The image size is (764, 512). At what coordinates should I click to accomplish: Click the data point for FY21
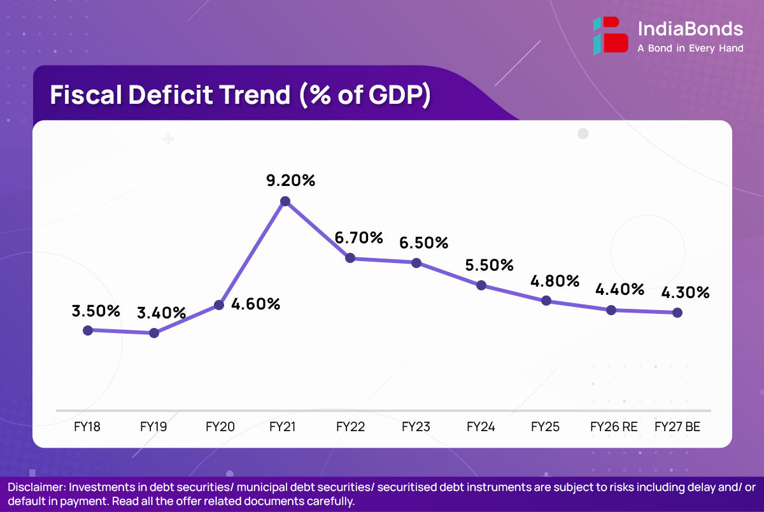click(x=285, y=201)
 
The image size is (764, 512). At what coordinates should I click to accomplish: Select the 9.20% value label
click(x=291, y=180)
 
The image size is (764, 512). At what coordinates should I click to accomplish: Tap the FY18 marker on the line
click(x=88, y=330)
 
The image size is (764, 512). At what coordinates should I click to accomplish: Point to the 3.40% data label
click(x=162, y=313)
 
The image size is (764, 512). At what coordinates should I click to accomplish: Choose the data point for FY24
click(x=481, y=285)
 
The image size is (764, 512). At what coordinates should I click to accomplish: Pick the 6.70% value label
click(x=358, y=238)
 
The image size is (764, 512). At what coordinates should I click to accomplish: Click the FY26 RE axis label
click(x=613, y=427)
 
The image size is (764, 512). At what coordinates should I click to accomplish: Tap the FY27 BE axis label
click(x=677, y=427)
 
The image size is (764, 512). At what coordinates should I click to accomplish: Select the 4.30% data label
click(x=685, y=292)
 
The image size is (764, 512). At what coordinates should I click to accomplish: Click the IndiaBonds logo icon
click(x=605, y=36)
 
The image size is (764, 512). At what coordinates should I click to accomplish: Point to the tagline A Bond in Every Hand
click(x=690, y=48)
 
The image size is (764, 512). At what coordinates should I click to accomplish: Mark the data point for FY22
click(x=350, y=258)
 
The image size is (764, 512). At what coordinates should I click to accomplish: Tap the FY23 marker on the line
click(x=416, y=262)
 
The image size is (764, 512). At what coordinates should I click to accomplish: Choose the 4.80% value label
click(x=555, y=281)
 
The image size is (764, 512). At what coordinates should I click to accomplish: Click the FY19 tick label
click(x=153, y=427)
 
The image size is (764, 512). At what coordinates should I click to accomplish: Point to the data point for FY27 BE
click(x=677, y=313)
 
